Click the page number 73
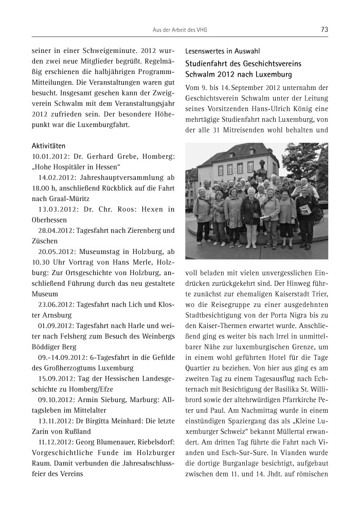324,30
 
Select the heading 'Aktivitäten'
49,146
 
